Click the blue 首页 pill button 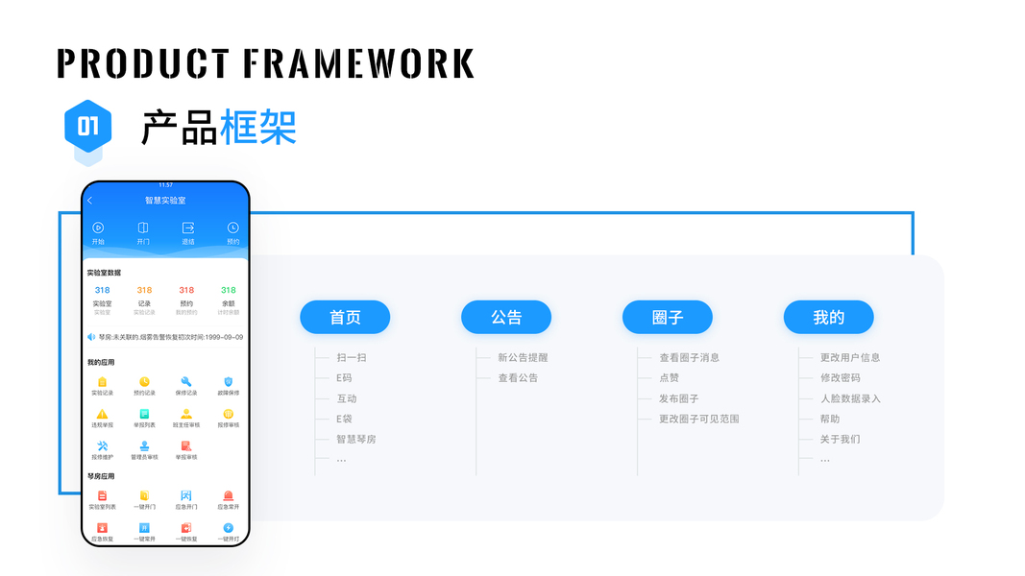(x=345, y=318)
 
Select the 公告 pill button (x=506, y=318)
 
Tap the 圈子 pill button (x=668, y=318)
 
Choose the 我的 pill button (x=828, y=318)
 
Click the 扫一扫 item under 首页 (x=351, y=358)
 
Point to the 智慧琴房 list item (x=355, y=439)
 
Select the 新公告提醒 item (x=523, y=358)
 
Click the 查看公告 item (x=518, y=378)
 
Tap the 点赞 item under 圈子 (x=670, y=378)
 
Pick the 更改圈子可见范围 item (x=698, y=419)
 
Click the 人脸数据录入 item (x=850, y=398)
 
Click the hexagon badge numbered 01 (x=88, y=127)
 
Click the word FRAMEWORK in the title (x=358, y=63)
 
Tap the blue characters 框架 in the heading (x=258, y=128)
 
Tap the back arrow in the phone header (x=90, y=201)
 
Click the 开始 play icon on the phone (x=98, y=228)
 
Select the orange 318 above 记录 (x=144, y=290)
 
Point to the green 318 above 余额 (x=229, y=290)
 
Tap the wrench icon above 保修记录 (x=186, y=382)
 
